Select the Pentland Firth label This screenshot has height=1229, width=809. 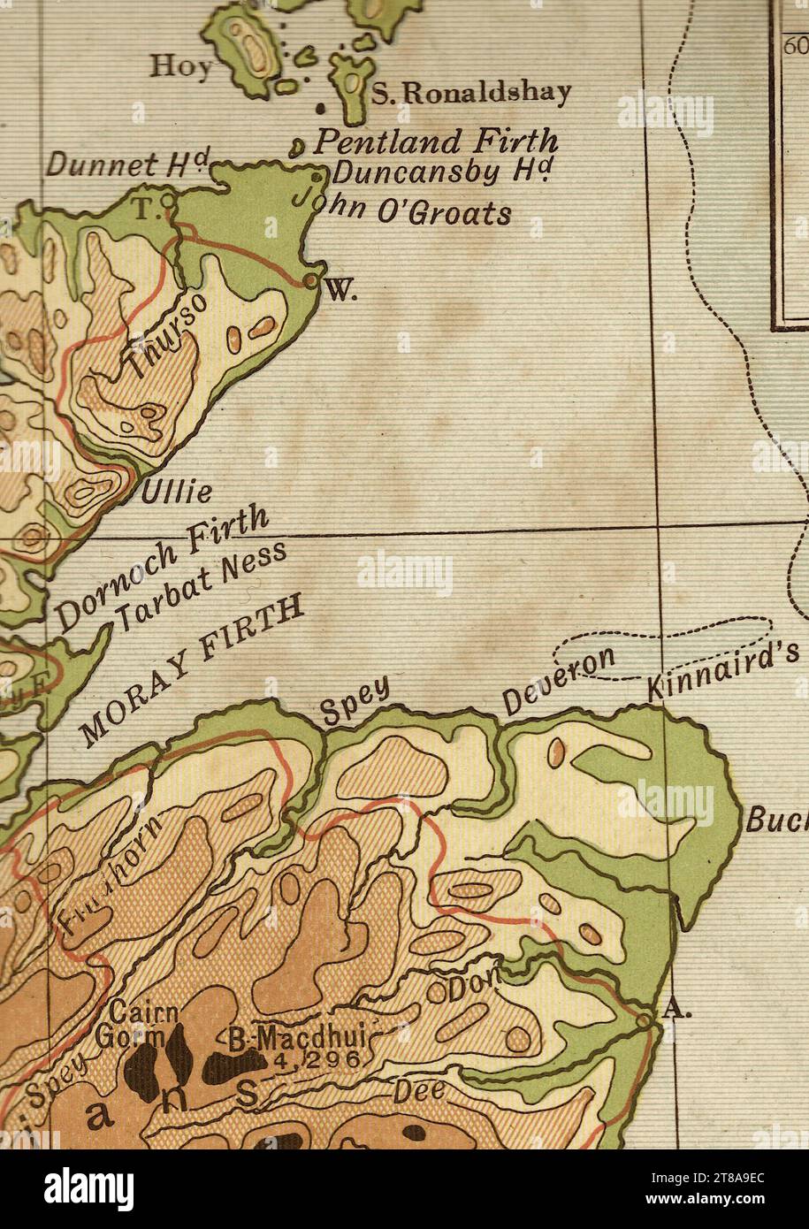437,141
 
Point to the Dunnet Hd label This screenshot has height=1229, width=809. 127,164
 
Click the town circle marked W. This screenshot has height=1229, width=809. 310,280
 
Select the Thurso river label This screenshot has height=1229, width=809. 167,338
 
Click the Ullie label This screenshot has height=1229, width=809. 177,491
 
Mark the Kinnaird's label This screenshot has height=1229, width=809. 723,670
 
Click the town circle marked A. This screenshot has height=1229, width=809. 645,1020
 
